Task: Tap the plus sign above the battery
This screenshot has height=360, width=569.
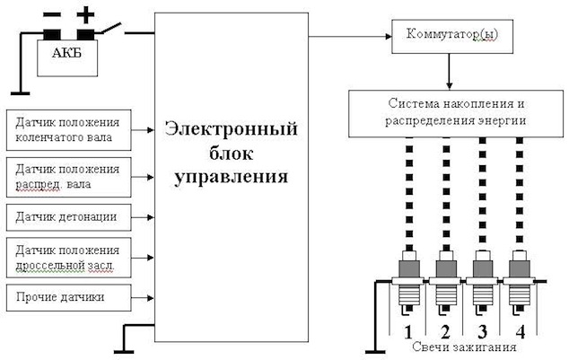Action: coord(85,15)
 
